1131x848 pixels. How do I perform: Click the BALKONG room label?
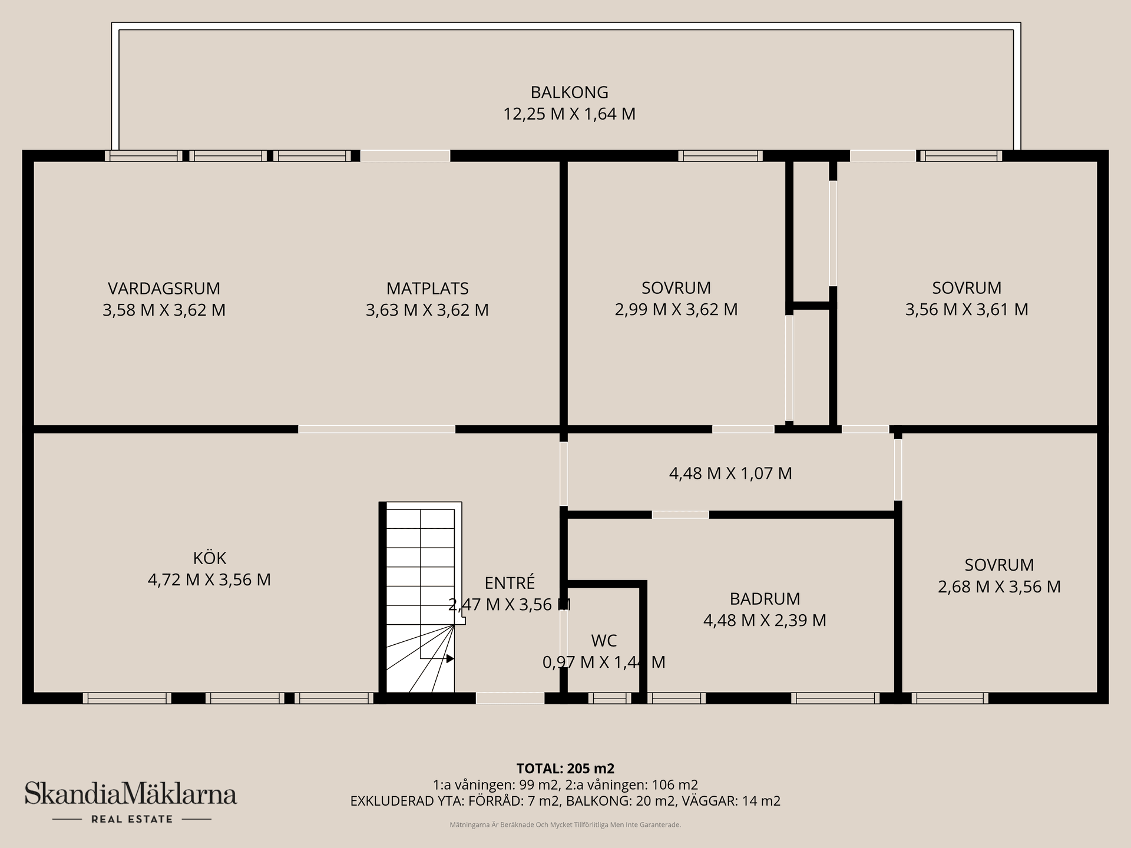(x=569, y=92)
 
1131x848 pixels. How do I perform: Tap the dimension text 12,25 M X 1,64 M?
(x=569, y=114)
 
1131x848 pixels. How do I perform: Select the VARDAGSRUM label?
(x=164, y=289)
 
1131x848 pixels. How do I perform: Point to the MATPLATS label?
(x=427, y=289)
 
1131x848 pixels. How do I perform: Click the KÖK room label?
(x=209, y=558)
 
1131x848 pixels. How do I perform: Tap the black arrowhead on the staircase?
(x=450, y=658)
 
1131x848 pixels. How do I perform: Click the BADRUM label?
(x=765, y=599)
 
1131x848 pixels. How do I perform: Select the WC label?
(x=604, y=641)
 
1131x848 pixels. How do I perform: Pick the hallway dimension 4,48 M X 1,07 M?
(x=730, y=473)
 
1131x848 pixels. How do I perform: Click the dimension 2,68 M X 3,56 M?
(x=999, y=587)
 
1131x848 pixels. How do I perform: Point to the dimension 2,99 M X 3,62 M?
(x=676, y=310)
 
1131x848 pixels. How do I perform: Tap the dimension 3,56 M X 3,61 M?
(x=967, y=310)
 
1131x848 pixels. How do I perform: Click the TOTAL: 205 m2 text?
(x=565, y=768)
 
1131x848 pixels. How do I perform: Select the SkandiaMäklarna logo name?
(x=131, y=794)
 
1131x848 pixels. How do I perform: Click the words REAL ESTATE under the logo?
(x=131, y=819)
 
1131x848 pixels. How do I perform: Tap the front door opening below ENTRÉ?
(x=510, y=698)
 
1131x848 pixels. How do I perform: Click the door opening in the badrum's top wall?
(x=680, y=515)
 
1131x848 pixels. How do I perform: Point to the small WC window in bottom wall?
(x=609, y=698)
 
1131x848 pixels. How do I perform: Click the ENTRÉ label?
(x=510, y=583)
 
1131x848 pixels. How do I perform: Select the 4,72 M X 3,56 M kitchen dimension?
(x=209, y=580)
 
